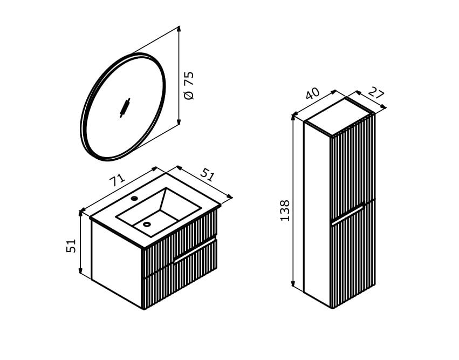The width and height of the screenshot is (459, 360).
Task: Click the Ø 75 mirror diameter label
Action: tap(189, 85)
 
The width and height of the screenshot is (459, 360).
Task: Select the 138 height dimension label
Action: tap(285, 210)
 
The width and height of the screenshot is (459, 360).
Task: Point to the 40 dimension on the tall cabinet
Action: tap(312, 93)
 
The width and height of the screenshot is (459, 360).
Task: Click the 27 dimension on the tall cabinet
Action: tap(376, 92)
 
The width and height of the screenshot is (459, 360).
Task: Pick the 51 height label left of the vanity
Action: tap(71, 246)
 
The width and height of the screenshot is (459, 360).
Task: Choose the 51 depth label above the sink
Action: tap(208, 175)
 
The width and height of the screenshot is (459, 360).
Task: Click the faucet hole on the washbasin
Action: tap(134, 198)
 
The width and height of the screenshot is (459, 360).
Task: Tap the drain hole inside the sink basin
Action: tap(147, 225)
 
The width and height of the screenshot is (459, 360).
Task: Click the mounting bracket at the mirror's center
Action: tap(125, 108)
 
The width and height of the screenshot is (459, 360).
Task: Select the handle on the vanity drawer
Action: tap(194, 251)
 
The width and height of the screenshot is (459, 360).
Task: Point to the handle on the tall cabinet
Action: tap(347, 215)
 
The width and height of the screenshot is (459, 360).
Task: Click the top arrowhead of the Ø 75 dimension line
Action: tap(179, 29)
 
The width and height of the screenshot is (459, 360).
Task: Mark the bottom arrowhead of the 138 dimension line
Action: tap(293, 283)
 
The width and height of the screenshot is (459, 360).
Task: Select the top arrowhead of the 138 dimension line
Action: tap(293, 118)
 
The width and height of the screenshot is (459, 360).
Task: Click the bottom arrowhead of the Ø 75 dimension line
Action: tap(179, 122)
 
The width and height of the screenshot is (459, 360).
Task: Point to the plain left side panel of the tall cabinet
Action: tap(317, 214)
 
